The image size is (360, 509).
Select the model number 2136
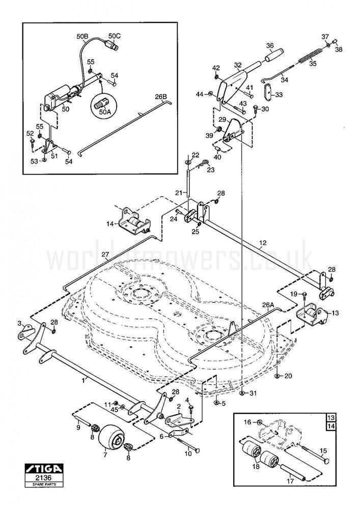coord(44,477)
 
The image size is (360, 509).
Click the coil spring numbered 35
coord(310,55)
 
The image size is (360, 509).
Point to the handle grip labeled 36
coord(274,54)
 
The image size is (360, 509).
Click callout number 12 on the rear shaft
coord(263,242)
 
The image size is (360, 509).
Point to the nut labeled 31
coord(242,393)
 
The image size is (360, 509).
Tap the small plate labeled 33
coord(268,93)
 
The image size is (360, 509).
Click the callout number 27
coord(104,254)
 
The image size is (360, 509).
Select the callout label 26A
coord(268,305)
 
